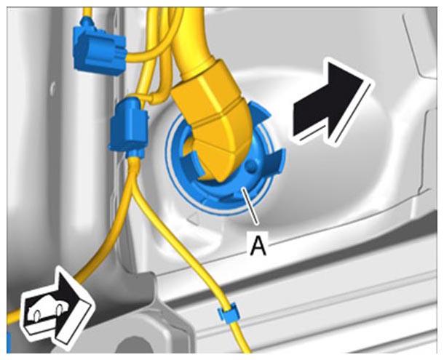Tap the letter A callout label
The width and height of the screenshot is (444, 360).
[x=258, y=246]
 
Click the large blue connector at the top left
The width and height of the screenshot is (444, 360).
[x=99, y=48]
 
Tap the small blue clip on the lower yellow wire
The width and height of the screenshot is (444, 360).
[x=227, y=312]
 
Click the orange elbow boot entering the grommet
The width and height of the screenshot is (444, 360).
[x=215, y=119]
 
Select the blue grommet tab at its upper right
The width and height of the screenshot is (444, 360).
[x=260, y=113]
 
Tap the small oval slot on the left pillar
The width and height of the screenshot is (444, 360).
[x=52, y=89]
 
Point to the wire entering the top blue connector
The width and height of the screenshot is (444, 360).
[x=87, y=12]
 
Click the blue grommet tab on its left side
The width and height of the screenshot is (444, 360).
[x=189, y=161]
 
